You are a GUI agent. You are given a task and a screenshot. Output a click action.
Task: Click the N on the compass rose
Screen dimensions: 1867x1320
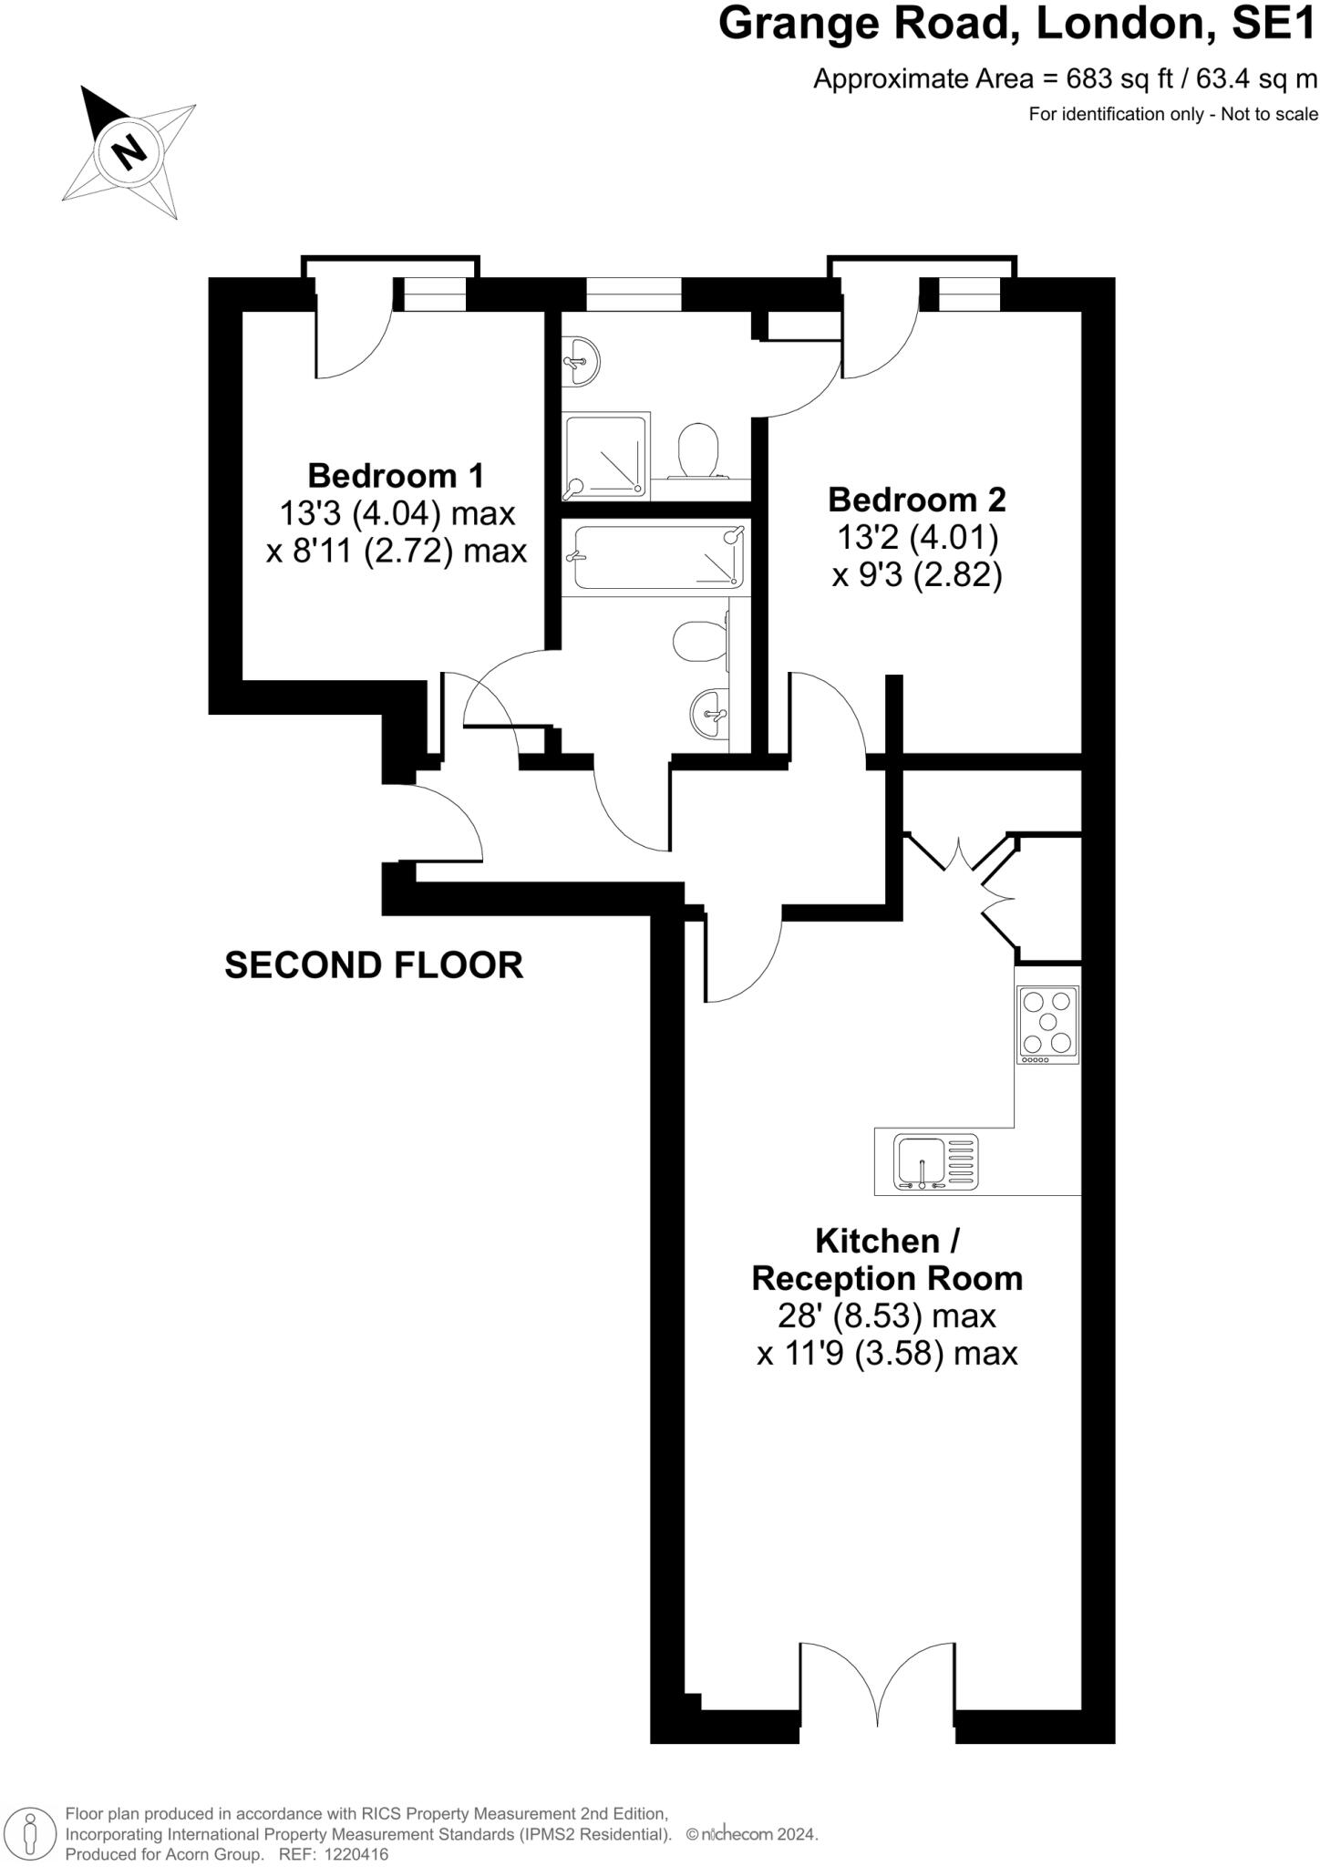(x=130, y=150)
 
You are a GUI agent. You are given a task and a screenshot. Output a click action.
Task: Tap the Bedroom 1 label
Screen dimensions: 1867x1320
(x=396, y=476)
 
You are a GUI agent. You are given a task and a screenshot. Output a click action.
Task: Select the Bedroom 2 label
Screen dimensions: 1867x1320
(x=916, y=500)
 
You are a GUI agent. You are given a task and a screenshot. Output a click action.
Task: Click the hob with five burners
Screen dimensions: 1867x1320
(x=1047, y=1025)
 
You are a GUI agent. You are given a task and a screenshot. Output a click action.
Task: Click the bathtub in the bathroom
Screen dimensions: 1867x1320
(x=654, y=557)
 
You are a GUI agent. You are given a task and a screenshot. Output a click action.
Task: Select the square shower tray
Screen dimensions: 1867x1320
(x=606, y=456)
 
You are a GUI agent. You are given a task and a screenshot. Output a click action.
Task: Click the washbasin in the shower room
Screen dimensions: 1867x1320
(x=580, y=360)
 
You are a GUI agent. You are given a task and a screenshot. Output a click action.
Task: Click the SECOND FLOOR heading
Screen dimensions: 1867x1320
(x=374, y=964)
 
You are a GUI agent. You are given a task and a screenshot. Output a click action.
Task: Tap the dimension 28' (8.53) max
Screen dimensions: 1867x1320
(x=886, y=1315)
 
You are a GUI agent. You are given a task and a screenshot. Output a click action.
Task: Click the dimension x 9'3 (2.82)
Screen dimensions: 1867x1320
(x=917, y=576)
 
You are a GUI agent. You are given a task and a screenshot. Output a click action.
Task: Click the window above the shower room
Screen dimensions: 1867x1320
(x=634, y=294)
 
